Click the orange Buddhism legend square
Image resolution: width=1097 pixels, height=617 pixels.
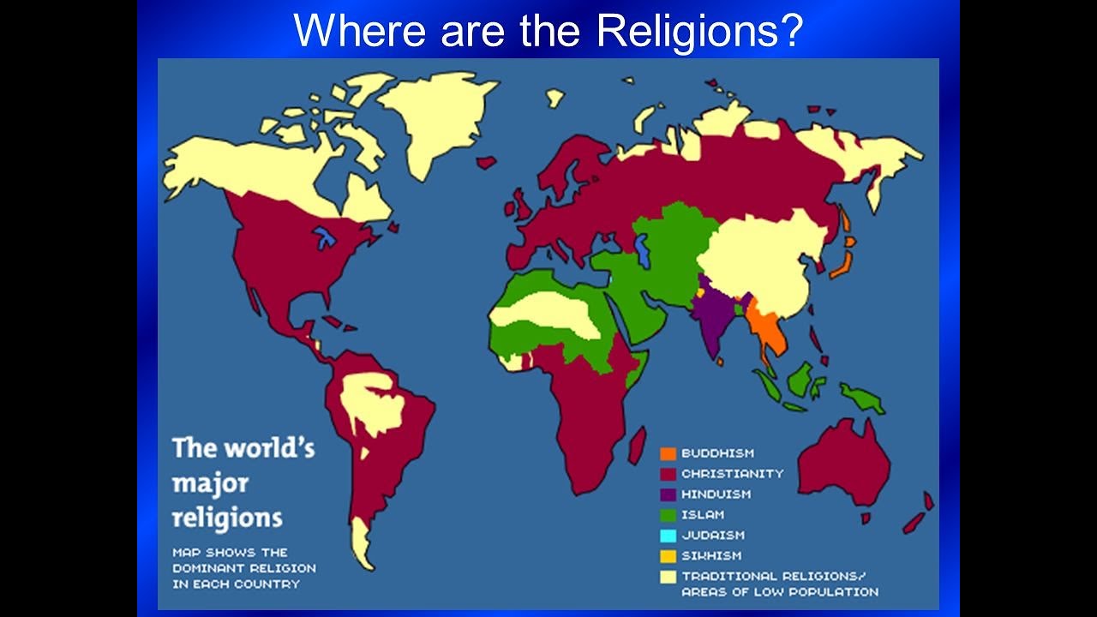pyautogui.click(x=668, y=453)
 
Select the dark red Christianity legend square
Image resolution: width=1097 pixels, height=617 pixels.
pyautogui.click(x=668, y=474)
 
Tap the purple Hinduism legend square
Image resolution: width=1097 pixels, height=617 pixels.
pyautogui.click(x=668, y=494)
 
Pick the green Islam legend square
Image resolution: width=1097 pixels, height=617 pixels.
pyautogui.click(x=668, y=515)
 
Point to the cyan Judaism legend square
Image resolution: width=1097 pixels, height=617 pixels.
pyautogui.click(x=668, y=536)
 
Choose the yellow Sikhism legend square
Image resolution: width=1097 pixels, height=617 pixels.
pyautogui.click(x=668, y=556)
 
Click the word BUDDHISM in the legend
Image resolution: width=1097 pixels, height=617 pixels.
pyautogui.click(x=717, y=453)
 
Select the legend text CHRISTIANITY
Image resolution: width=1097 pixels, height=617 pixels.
pyautogui.click(x=732, y=474)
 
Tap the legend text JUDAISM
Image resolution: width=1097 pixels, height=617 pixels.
pyautogui.click(x=712, y=536)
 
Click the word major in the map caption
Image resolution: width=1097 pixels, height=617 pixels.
pyautogui.click(x=210, y=483)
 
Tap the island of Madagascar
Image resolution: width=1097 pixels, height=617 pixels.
pyautogui.click(x=637, y=446)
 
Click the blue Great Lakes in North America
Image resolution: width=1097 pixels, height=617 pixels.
pyautogui.click(x=327, y=237)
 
